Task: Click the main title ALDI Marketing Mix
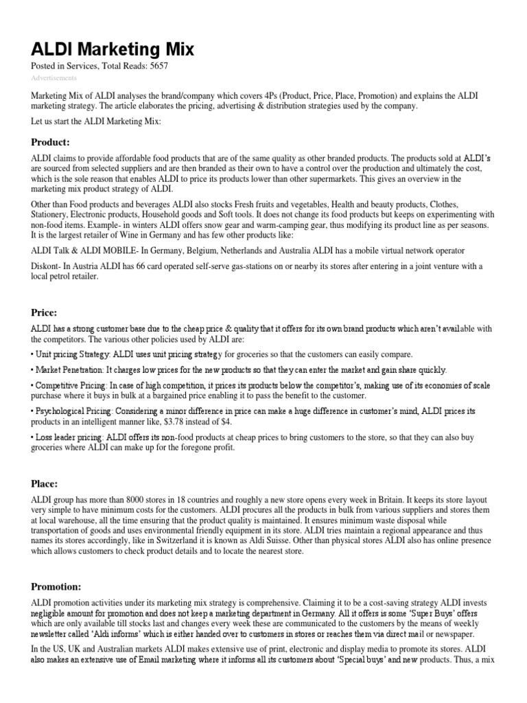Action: click(113, 49)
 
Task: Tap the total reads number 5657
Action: click(155, 66)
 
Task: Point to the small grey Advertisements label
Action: click(54, 78)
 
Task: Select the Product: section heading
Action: click(51, 142)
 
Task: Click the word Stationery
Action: click(51, 214)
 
